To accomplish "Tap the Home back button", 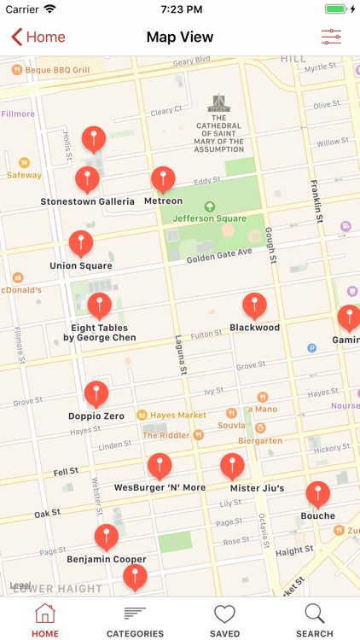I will tap(38, 37).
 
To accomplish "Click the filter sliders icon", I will tap(331, 37).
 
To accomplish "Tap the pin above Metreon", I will tap(163, 179).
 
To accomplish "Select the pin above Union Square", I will tap(81, 243).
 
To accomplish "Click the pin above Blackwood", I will tap(254, 305).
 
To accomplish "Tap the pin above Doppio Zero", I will tap(96, 394).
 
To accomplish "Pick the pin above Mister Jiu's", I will tap(232, 466).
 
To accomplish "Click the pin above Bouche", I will tap(318, 494).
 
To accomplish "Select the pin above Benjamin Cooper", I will tap(106, 538).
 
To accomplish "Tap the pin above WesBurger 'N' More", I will tap(160, 466).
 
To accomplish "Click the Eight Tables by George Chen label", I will tap(100, 333).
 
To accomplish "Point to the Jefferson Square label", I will tap(209, 218).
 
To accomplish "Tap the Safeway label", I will tap(24, 175).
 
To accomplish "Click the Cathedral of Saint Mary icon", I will tap(219, 104).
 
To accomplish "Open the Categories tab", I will tap(135, 620).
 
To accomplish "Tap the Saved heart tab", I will tap(224, 620).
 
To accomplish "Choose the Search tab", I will tap(314, 620).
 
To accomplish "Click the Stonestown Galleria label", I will tap(87, 202).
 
